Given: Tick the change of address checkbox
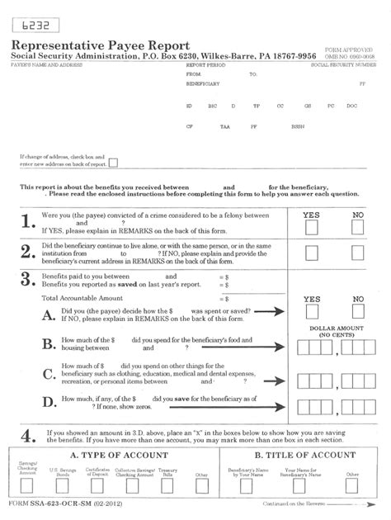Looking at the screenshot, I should click(113, 162).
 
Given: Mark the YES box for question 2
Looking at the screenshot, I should click(311, 253).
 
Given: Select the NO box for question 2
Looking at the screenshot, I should click(357, 253).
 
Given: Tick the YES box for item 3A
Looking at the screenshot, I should click(311, 314).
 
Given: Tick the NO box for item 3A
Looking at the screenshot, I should click(357, 314).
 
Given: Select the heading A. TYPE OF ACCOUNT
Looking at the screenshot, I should click(111, 455).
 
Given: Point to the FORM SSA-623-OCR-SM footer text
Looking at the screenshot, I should click(59, 503).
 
